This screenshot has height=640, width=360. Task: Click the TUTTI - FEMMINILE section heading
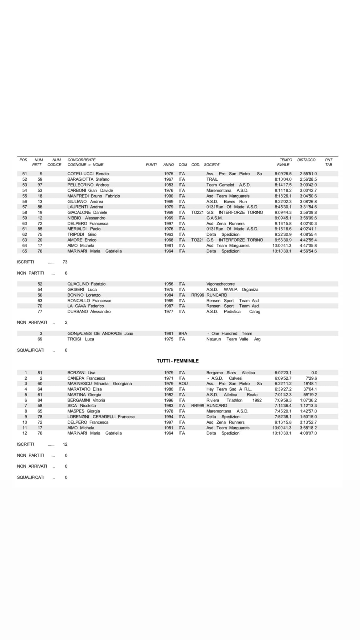click(177, 361)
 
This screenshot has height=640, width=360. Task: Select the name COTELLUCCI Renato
click(88, 174)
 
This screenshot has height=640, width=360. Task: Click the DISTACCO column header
click(306, 160)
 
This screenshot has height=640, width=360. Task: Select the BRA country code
click(182, 333)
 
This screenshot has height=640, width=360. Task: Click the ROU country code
click(183, 383)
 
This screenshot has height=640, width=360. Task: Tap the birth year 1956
click(168, 284)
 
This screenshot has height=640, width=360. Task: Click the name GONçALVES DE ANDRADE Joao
click(100, 333)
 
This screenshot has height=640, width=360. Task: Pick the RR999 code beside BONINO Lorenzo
click(197, 295)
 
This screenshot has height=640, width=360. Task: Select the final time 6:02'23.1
click(283, 372)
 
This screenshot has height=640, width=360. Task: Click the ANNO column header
click(168, 165)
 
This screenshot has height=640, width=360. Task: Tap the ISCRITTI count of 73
click(65, 262)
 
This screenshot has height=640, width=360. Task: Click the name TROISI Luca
click(81, 339)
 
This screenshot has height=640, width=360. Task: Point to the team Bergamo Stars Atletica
click(230, 372)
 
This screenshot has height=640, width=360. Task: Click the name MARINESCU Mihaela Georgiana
click(99, 383)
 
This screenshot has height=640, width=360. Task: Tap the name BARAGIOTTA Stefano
click(88, 179)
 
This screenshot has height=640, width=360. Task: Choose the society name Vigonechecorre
click(220, 284)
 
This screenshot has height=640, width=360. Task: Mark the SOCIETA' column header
click(212, 165)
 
